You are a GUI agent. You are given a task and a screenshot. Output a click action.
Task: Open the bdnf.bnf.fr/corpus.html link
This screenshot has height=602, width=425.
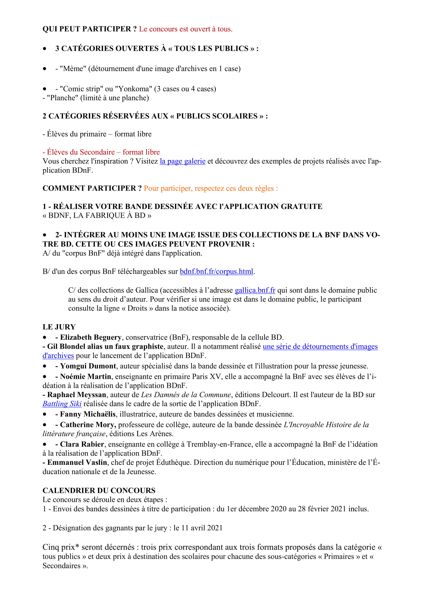[x=216, y=271]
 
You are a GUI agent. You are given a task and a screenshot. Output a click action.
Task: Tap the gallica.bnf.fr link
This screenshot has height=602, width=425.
[x=255, y=290]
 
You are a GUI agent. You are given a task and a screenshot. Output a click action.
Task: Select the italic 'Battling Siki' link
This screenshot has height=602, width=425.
[x=62, y=404]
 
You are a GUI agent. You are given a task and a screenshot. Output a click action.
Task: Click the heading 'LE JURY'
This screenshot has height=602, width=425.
[x=59, y=327]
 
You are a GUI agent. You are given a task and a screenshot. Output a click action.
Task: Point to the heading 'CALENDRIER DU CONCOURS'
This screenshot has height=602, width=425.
[x=99, y=491]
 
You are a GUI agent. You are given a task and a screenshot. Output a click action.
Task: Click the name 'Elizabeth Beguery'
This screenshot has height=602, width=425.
[x=90, y=337]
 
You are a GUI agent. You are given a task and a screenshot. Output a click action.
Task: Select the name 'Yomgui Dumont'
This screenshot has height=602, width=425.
[x=88, y=366]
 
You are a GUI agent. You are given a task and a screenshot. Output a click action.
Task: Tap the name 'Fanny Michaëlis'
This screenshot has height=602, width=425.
[x=88, y=414]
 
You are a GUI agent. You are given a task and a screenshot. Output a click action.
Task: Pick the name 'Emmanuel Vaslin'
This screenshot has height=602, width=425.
[x=77, y=463]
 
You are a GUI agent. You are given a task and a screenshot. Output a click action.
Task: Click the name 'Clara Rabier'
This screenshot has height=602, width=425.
[x=82, y=444]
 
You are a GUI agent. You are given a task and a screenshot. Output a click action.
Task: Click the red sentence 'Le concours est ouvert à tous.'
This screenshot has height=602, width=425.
[x=186, y=29]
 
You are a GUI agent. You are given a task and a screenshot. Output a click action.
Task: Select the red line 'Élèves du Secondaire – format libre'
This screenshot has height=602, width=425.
[x=103, y=152]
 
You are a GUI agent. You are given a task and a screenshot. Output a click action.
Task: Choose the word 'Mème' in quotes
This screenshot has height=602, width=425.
[x=73, y=69]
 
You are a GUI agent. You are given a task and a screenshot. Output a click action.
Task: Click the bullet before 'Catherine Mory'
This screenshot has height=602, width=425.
[x=45, y=425]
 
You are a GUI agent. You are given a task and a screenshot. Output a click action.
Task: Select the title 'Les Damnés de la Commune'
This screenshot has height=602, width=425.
[x=186, y=395]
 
